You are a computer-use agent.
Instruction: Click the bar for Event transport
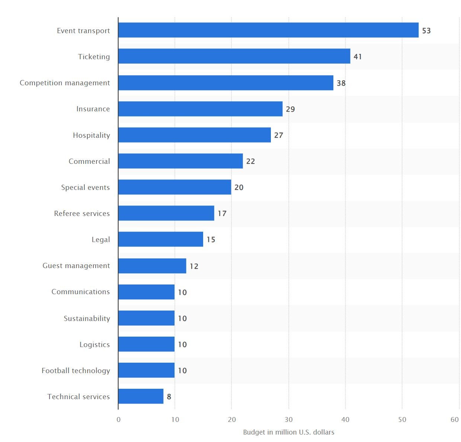pyautogui.click(x=268, y=30)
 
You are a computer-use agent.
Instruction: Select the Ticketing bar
pyautogui.click(x=234, y=56)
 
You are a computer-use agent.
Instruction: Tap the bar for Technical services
pyautogui.click(x=141, y=396)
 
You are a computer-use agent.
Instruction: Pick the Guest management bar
pyautogui.click(x=152, y=266)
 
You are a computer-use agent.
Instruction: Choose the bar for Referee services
pyautogui.click(x=166, y=213)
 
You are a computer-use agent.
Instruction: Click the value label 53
pyautogui.click(x=426, y=31)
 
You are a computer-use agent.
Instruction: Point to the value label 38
pyautogui.click(x=341, y=83)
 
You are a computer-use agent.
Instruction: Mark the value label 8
pyautogui.click(x=169, y=397)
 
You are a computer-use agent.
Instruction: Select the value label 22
pyautogui.click(x=250, y=161)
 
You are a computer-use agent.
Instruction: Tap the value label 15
pyautogui.click(x=211, y=239)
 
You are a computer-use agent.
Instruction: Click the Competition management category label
pyautogui.click(x=65, y=83)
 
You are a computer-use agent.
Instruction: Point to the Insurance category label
pyautogui.click(x=93, y=109)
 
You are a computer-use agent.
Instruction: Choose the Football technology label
pyautogui.click(x=76, y=371)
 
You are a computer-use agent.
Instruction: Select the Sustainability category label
pyautogui.click(x=87, y=318)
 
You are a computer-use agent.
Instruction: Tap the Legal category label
pyautogui.click(x=101, y=239)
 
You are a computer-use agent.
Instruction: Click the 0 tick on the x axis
pyautogui.click(x=118, y=420)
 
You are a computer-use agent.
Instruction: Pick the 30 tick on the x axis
pyautogui.click(x=289, y=420)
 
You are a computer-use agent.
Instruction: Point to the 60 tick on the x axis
pyautogui.click(x=455, y=420)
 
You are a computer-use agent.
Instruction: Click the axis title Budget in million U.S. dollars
pyautogui.click(x=289, y=432)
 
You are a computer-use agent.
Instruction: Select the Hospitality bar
pyautogui.click(x=195, y=135)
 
